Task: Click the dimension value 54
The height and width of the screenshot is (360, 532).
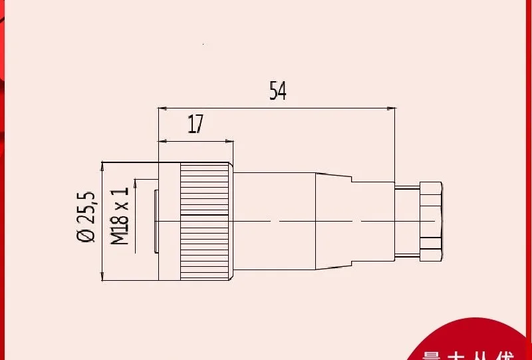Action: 277,90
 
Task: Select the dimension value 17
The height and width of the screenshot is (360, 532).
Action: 195,124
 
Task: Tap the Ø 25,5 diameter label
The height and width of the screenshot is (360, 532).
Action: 86,217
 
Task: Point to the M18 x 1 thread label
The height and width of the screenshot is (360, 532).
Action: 120,216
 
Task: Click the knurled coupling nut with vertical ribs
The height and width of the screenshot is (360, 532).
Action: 205,220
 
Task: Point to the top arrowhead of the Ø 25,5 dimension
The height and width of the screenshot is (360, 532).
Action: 102,165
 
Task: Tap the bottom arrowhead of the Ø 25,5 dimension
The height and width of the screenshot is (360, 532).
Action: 102,278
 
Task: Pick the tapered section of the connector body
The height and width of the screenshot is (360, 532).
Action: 332,220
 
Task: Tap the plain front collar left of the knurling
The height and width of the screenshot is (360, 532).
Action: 169,220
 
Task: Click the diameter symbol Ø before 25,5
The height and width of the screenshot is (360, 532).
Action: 86,236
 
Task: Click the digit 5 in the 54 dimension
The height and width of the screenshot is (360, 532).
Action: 273,90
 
